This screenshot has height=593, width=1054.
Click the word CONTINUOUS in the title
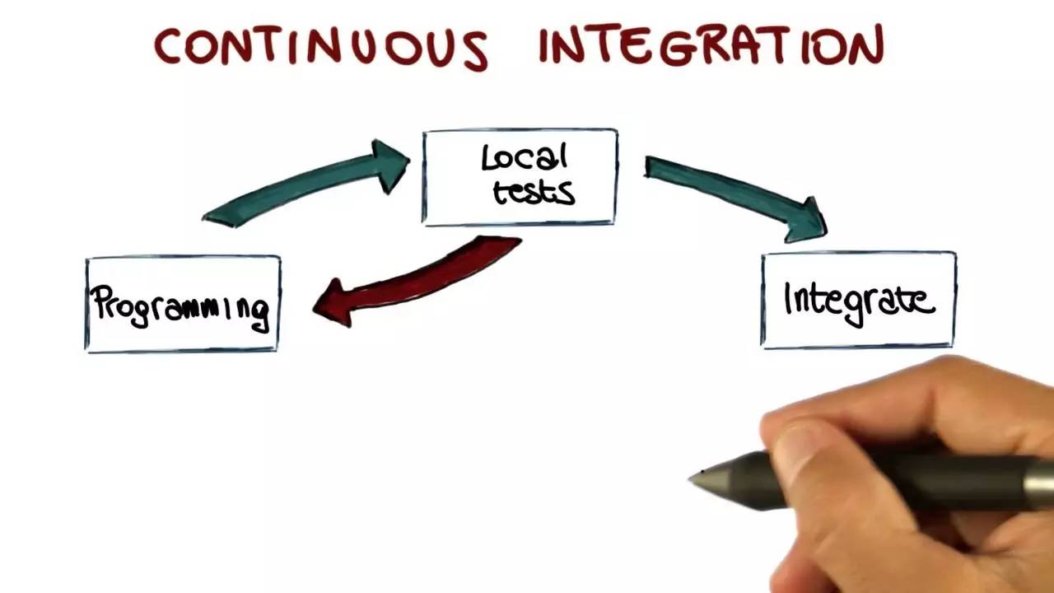[321, 47]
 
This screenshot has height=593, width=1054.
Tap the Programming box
[183, 304]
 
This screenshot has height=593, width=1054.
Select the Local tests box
[520, 176]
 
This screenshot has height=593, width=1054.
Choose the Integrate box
[858, 300]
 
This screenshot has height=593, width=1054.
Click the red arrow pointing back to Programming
[420, 280]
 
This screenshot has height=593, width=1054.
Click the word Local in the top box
[525, 158]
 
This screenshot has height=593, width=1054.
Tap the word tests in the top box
[533, 192]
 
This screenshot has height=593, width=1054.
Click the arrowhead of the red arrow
[333, 302]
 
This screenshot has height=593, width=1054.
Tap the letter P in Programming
[100, 303]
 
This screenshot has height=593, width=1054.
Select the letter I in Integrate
[789, 299]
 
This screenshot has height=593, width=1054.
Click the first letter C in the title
[169, 46]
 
